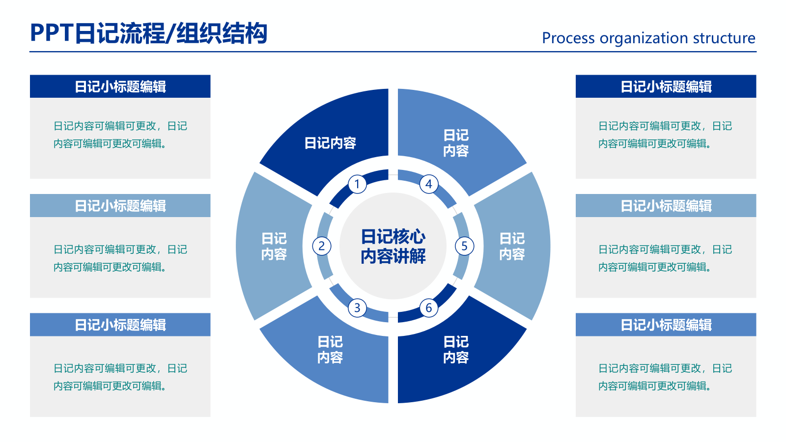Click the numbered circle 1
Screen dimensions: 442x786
click(x=357, y=184)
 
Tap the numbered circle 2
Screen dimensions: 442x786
click(x=322, y=246)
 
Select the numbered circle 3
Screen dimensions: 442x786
click(x=357, y=308)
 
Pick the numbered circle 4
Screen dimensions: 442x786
click(x=429, y=184)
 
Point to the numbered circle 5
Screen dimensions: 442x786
click(x=464, y=246)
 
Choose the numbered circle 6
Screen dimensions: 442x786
click(x=429, y=308)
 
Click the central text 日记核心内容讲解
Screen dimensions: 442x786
click(x=393, y=246)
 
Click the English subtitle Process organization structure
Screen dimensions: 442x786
click(x=648, y=38)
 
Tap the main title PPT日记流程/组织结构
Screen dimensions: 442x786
click(x=148, y=33)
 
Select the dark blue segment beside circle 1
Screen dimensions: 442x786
click(x=330, y=143)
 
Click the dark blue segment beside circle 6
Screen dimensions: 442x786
click(x=456, y=350)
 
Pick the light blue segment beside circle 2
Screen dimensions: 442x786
click(x=274, y=246)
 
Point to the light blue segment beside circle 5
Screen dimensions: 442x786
click(x=512, y=246)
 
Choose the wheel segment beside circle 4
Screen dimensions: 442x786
click(x=456, y=143)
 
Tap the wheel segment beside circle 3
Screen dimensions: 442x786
click(x=330, y=350)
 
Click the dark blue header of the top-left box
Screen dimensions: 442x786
click(x=120, y=86)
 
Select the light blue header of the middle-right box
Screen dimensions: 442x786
click(x=666, y=206)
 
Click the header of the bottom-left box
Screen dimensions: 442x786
click(x=120, y=325)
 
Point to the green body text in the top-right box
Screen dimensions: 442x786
click(x=665, y=135)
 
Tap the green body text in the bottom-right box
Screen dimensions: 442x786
click(x=665, y=377)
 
